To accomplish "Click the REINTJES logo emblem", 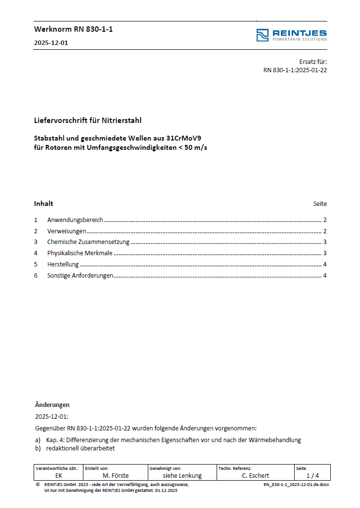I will tap(262, 35).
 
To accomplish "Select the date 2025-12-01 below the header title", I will tap(51, 42).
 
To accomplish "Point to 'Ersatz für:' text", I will tap(313, 61).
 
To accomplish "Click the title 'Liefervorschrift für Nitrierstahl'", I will tap(88, 120).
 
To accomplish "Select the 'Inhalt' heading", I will tap(43, 203).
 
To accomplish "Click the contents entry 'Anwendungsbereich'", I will tap(75, 220).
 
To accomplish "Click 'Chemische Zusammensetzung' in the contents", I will tap(88, 242).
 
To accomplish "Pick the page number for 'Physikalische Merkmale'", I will tap(324, 253).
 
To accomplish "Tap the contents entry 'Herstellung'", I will tap(63, 264).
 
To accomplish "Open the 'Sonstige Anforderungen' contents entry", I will tap(80, 276).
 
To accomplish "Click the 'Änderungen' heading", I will tap(52, 405).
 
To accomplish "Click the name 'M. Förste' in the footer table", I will tap(116, 475).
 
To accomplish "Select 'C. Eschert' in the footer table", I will tap(255, 475).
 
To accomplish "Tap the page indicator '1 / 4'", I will tap(312, 475).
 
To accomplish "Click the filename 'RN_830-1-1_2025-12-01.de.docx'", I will tap(296, 485).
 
